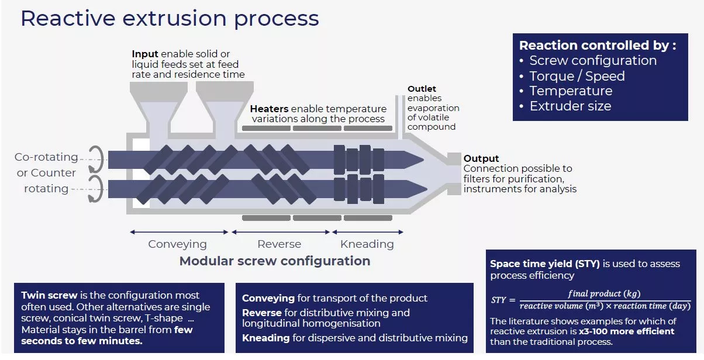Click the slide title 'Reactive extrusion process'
point(170,18)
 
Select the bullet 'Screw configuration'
point(593,61)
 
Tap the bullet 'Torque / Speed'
point(577,76)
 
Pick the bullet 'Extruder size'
point(570,106)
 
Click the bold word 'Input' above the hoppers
point(144,54)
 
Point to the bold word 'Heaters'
point(269,109)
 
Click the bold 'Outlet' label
point(422,89)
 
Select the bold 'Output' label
point(481,158)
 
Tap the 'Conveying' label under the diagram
point(177,244)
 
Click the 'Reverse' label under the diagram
point(279,244)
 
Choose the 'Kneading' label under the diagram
point(367,244)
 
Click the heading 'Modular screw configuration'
point(275,261)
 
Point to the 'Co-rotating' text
point(46,157)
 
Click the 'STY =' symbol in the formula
point(502,300)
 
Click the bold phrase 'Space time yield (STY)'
point(545,264)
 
